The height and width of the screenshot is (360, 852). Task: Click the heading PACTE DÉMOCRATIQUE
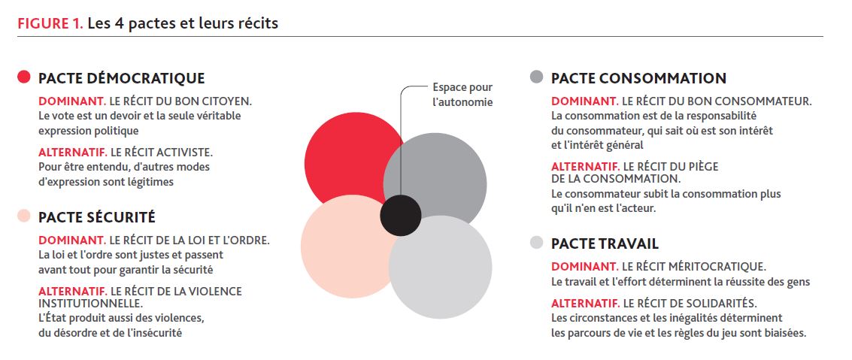121,78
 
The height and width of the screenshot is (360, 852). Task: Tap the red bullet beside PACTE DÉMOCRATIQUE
23,77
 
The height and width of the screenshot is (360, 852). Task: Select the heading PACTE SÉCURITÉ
97,217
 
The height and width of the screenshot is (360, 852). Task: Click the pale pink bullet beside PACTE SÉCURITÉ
23,216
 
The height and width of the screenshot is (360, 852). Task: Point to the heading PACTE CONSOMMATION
638,78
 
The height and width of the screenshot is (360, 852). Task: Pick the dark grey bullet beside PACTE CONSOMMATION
536,77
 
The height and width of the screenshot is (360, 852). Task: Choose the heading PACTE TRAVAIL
605,244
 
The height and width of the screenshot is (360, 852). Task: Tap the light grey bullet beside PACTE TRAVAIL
536,243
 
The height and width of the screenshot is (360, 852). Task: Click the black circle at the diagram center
401,216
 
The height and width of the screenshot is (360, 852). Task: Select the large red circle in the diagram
342,158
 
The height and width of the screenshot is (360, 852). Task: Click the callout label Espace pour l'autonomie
462,95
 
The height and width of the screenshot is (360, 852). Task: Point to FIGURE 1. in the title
50,23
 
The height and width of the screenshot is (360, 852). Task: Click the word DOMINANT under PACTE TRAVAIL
584,267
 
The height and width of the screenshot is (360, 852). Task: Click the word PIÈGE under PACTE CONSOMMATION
702,168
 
